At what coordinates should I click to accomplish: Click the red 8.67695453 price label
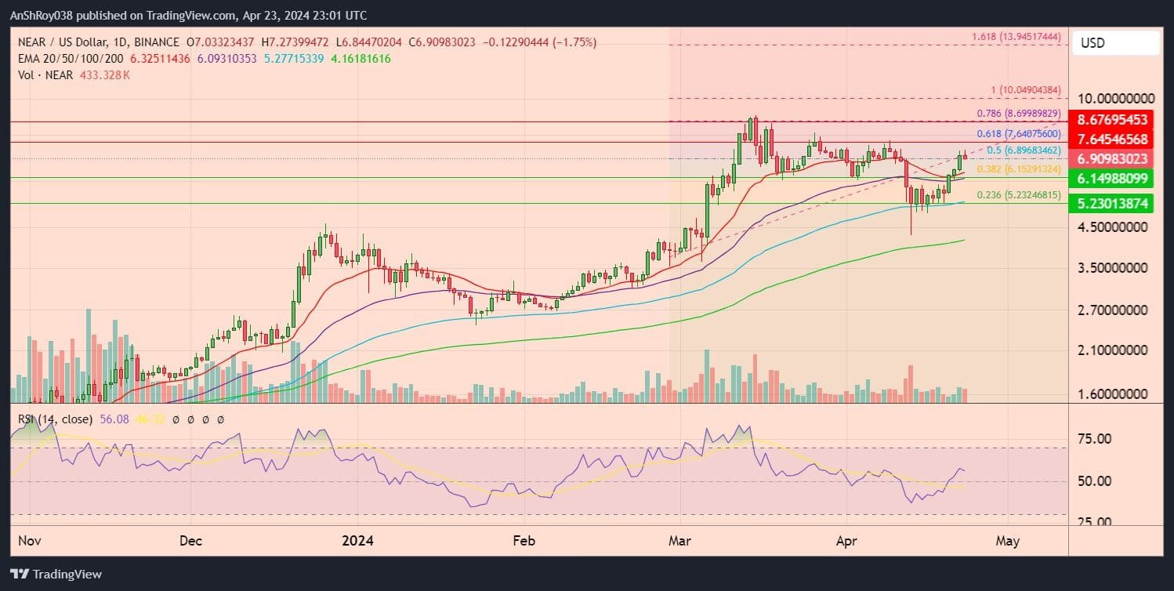[x=1113, y=120]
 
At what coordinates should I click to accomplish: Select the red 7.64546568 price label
[x=1113, y=140]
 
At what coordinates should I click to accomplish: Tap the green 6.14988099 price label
[x=1113, y=179]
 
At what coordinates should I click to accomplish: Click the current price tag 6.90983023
[x=1113, y=159]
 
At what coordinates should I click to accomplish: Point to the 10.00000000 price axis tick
[x=1114, y=99]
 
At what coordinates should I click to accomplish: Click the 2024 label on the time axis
[x=358, y=541]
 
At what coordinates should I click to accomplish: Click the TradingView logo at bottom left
[x=56, y=574]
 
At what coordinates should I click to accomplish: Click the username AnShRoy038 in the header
[x=45, y=16]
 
